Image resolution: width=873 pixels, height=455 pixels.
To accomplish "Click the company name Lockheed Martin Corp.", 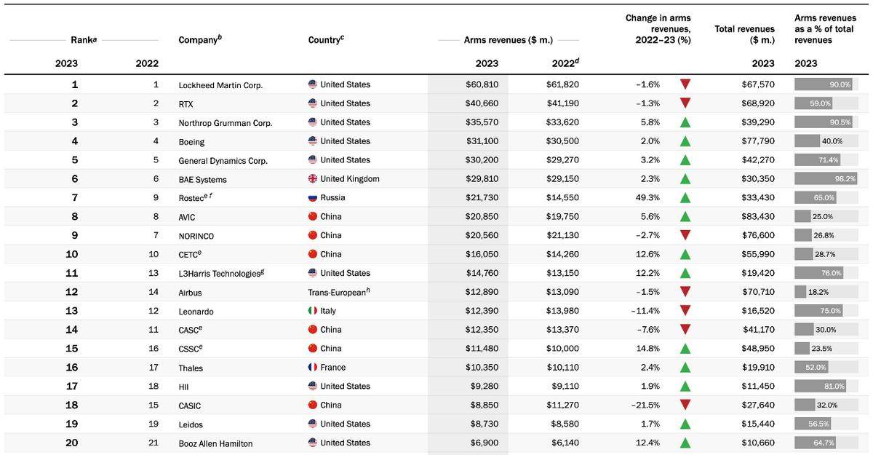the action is (x=220, y=85).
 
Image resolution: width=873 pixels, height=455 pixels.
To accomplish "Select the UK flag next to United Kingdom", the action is (x=313, y=178).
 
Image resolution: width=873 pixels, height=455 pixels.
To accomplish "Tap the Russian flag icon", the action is (x=313, y=198).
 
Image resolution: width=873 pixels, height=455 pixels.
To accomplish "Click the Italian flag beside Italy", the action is (x=313, y=311).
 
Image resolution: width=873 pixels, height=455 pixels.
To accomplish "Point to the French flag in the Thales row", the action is (x=313, y=367).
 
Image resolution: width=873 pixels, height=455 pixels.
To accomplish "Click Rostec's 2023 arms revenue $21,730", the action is (x=482, y=198).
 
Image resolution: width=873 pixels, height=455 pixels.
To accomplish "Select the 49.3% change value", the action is (x=647, y=198).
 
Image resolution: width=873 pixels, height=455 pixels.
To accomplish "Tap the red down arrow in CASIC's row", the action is (x=685, y=404).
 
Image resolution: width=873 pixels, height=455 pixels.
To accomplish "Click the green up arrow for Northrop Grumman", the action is (x=685, y=122).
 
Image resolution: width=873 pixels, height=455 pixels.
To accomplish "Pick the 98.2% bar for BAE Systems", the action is (x=826, y=178).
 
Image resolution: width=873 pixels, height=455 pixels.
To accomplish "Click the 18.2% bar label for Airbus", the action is (x=818, y=292).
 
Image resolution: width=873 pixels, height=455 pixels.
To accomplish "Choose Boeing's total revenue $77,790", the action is (x=758, y=141).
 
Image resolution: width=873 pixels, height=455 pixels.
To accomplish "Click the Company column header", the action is (x=200, y=39).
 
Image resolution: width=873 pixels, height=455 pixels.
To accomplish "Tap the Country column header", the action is (x=326, y=39).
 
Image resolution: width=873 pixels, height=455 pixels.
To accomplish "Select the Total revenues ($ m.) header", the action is (x=744, y=34).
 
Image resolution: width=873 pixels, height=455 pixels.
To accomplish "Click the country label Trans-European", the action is (x=338, y=293).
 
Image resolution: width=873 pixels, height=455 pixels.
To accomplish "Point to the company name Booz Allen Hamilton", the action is (x=215, y=443).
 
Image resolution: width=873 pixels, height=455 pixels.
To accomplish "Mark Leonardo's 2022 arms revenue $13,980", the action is (x=562, y=311).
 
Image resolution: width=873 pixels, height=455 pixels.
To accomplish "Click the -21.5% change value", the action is (x=645, y=405).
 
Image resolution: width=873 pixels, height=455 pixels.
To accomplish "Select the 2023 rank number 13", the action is (x=72, y=311).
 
